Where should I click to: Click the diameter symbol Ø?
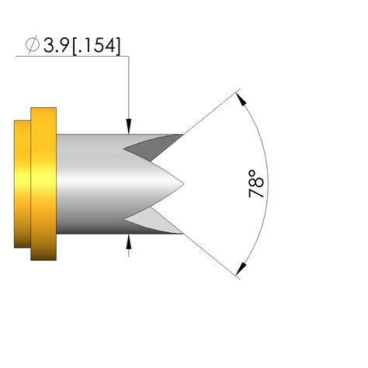point(32,46)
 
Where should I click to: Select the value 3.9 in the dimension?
point(57,46)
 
